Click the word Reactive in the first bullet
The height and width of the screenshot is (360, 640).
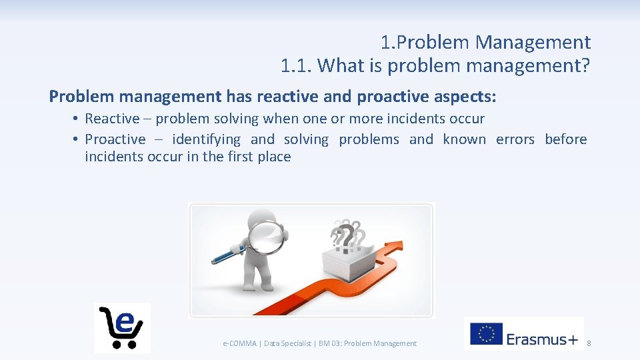pyautogui.click(x=112, y=119)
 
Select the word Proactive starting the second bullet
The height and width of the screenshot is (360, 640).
pyautogui.click(x=115, y=139)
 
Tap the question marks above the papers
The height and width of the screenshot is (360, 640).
pyautogui.click(x=347, y=234)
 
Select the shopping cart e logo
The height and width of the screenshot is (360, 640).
pyautogui.click(x=122, y=327)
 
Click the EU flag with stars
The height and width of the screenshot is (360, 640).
pyautogui.click(x=486, y=334)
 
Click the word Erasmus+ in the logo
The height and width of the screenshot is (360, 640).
pyautogui.click(x=542, y=339)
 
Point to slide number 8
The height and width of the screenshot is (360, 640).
pyautogui.click(x=588, y=343)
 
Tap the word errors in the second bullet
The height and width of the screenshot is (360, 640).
pyautogui.click(x=515, y=139)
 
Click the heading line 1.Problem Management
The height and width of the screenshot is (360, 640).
pyautogui.click(x=485, y=43)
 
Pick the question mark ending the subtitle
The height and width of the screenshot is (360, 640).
pyautogui.click(x=585, y=65)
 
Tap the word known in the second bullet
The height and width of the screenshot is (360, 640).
pyautogui.click(x=464, y=139)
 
